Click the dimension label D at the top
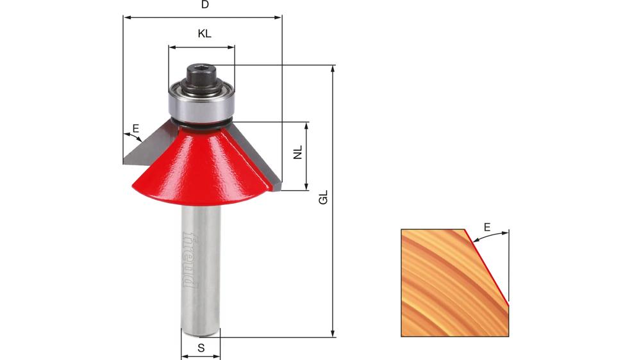coord(205,5)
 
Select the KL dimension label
coord(204,35)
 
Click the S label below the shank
coord(201,348)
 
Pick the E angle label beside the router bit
coord(135,129)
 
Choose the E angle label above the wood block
coord(487,227)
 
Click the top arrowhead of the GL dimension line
coord(333,69)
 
